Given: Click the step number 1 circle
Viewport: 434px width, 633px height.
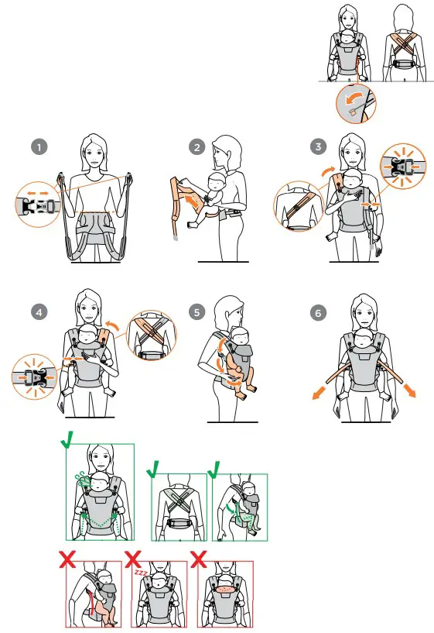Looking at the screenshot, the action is point(39,147).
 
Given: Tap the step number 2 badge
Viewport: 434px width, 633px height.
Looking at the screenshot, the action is point(196,147).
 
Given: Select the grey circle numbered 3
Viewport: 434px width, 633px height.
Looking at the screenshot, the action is point(319,146).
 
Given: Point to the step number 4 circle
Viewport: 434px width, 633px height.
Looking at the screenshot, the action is point(39,312).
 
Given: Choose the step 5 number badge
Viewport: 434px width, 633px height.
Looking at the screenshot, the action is point(196,312).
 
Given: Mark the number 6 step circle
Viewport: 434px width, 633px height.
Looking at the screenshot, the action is point(319,313).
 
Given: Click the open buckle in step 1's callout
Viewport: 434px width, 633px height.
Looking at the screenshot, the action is point(37,205).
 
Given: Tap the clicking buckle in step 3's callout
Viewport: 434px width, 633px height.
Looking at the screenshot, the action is point(402,166).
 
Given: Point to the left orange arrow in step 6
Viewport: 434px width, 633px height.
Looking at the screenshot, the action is point(319,392).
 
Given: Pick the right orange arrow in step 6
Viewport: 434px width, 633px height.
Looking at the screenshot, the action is point(409,390).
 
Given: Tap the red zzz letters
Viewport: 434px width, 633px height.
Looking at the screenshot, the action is point(141,572).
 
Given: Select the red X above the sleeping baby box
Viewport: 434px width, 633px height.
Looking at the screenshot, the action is point(132,559).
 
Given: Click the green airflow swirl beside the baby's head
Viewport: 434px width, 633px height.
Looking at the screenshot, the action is point(83,479).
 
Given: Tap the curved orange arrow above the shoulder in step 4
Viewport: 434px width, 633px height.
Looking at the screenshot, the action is point(112,325).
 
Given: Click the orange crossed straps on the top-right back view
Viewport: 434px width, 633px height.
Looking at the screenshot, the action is point(404,46).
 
